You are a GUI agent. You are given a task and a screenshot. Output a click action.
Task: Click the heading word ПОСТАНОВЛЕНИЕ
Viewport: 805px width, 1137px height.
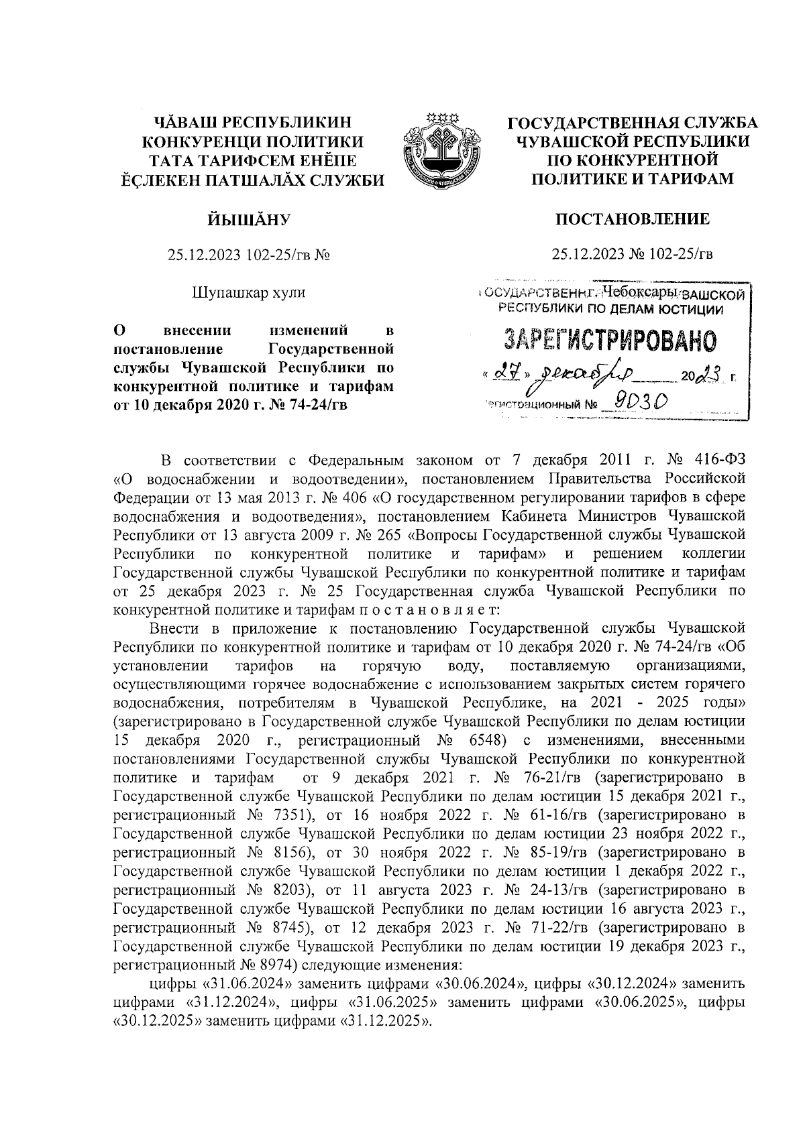pos(632,219)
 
